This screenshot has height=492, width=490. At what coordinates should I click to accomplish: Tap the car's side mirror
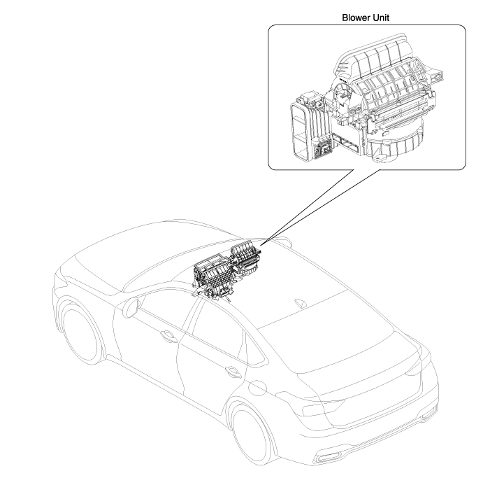131,308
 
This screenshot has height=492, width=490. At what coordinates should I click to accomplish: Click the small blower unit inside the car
245,259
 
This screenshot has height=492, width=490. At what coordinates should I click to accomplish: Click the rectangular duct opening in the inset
300,132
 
